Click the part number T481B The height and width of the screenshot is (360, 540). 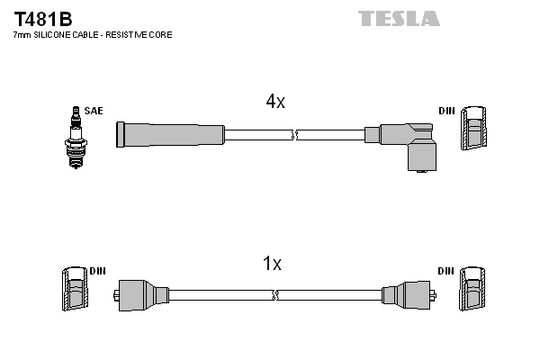41,18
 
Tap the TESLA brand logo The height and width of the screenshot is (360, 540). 399,18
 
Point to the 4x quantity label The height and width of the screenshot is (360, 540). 275,103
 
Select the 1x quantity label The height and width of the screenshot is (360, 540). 272,264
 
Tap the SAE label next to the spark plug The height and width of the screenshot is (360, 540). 94,111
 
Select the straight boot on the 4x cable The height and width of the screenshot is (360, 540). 169,134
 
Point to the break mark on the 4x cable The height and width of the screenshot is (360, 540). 295,135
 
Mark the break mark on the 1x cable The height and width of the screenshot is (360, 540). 275,295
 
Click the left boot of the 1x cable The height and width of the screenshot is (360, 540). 142,294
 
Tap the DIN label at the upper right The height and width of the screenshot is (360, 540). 446,111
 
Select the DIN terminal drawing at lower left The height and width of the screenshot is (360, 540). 75,291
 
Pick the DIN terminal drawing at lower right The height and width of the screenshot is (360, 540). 473,291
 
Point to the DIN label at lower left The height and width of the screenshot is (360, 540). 97,271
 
